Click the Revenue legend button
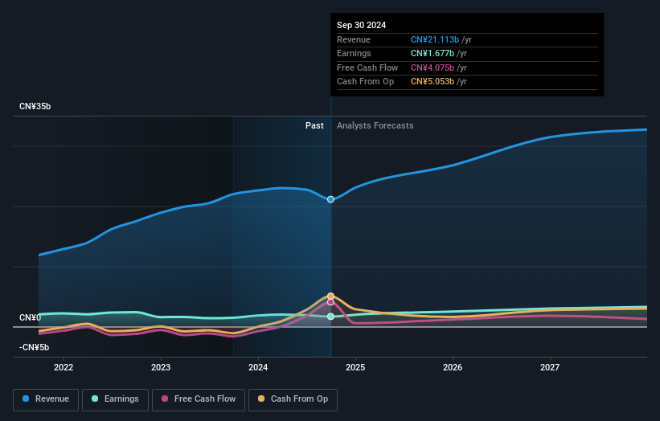point(46,399)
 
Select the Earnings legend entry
point(115,399)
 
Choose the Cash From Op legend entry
point(293,399)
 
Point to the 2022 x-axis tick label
point(64,367)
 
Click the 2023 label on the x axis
point(161,367)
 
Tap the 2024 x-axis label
point(258,367)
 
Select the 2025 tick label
point(355,367)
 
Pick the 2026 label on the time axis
point(453,367)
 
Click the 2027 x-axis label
point(550,367)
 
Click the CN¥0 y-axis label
point(30,317)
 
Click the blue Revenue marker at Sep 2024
point(330,199)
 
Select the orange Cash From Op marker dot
point(330,296)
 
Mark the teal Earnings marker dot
point(330,317)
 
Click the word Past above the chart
point(314,125)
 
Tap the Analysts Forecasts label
point(375,125)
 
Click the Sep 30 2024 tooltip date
point(361,25)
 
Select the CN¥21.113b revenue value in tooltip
point(434,39)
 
